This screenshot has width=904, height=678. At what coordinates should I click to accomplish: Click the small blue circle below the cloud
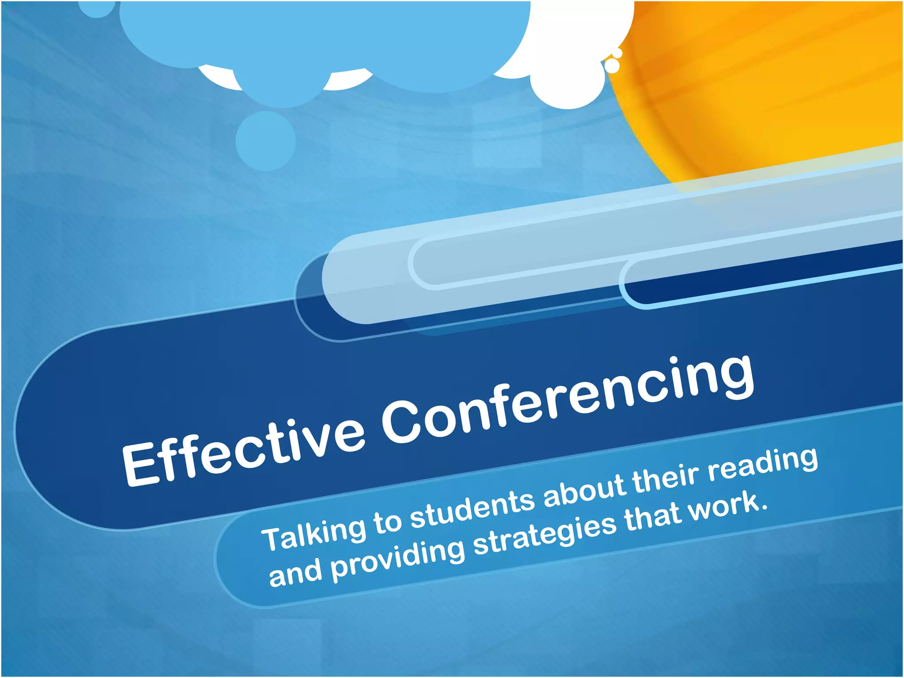[x=265, y=141]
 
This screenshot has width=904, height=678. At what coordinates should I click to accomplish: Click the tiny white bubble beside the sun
[x=612, y=66]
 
